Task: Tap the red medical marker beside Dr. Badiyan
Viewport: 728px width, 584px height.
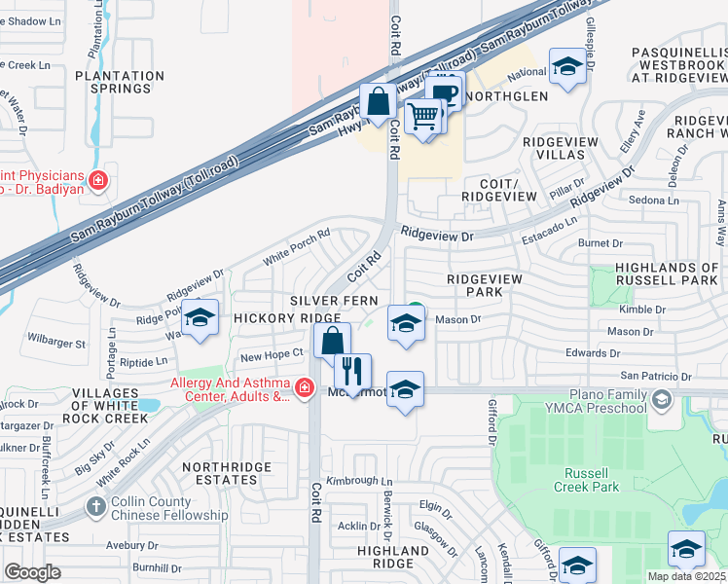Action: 97,180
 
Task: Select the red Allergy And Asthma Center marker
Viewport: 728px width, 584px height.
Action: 305,388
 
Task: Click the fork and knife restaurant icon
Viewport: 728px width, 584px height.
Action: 352,371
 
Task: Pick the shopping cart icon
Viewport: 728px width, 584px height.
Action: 422,116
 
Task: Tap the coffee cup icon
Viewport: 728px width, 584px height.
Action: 445,93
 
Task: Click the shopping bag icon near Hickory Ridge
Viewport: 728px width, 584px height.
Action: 332,342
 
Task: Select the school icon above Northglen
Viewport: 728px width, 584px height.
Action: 566,66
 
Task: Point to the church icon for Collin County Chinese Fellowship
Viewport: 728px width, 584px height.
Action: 95,507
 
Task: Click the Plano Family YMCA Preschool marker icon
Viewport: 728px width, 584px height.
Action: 662,400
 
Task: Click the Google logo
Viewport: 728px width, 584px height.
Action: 33,572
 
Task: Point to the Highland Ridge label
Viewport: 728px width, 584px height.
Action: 393,557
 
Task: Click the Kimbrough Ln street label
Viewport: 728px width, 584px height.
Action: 358,481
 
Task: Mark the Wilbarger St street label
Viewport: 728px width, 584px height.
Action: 56,344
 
